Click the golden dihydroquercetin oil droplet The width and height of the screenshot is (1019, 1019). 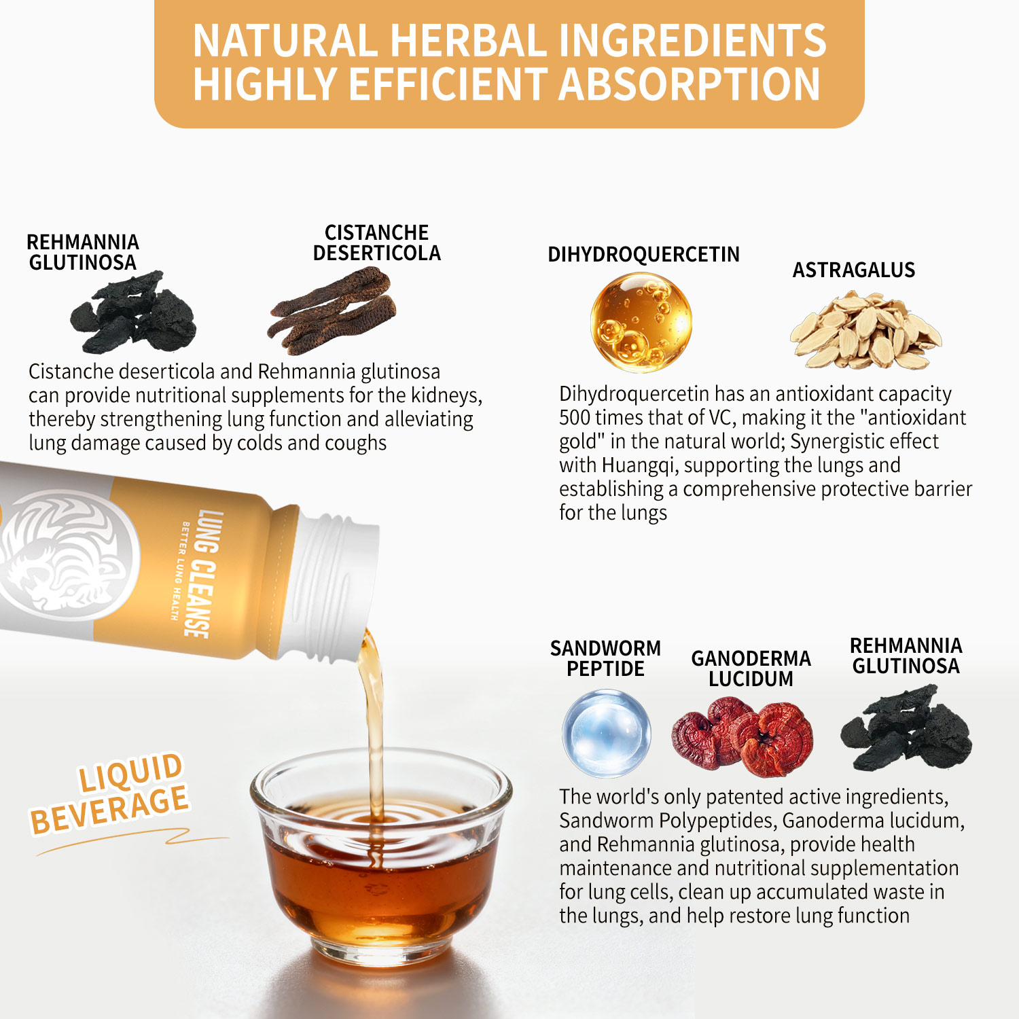641,322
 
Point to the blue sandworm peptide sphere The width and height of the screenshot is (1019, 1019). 607,733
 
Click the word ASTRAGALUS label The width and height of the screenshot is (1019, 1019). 853,270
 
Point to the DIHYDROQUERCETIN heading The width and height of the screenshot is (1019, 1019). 643,255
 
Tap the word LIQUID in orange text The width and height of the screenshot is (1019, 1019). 130,772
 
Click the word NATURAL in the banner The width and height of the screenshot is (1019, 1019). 285,40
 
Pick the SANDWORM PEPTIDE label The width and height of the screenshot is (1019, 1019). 605,658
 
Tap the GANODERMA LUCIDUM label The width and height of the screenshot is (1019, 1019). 751,668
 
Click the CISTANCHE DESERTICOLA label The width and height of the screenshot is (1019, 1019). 376,243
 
